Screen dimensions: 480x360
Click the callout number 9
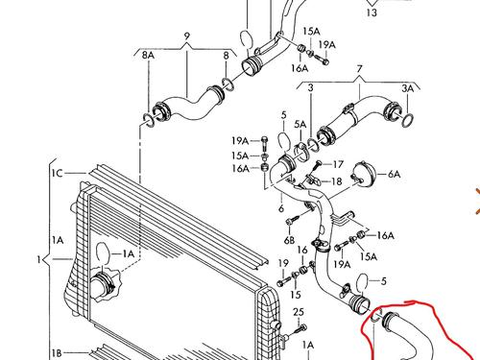[x=187, y=36]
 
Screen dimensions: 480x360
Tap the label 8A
[x=148, y=56]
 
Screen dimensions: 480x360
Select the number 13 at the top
[x=372, y=12]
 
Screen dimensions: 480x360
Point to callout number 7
[x=359, y=69]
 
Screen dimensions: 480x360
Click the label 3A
[x=408, y=88]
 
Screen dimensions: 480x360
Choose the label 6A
[x=394, y=174]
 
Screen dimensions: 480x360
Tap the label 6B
[x=289, y=240]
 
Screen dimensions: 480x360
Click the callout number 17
[x=338, y=164]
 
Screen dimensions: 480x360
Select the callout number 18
[x=336, y=181]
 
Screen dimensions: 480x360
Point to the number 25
[x=299, y=312]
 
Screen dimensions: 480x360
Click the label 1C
[x=58, y=173]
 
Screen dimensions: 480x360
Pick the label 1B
[x=57, y=353]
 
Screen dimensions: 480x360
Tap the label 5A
[x=300, y=125]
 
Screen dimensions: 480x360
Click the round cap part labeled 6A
[x=363, y=173]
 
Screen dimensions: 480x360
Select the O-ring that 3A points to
[x=408, y=120]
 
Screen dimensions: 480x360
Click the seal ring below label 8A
[x=148, y=119]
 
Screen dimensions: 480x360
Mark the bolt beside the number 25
[x=300, y=329]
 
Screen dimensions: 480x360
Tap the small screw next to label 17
[x=318, y=165]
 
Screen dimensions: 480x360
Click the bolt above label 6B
[x=293, y=220]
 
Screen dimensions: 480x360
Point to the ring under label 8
[x=228, y=84]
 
